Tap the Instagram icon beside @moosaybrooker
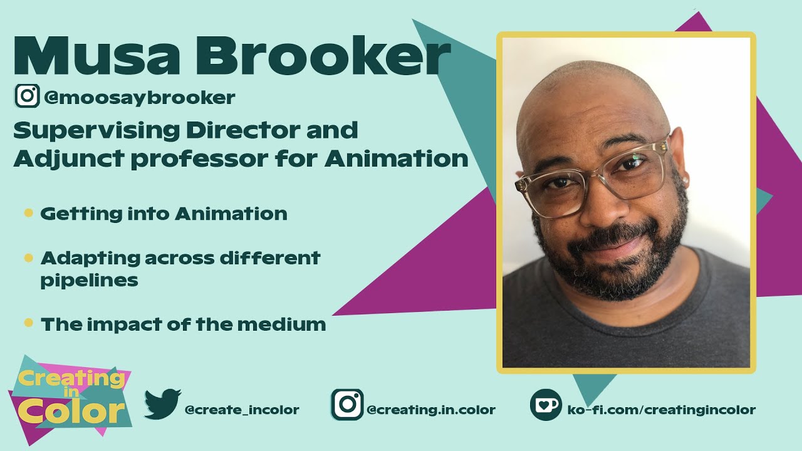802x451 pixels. pos(27,96)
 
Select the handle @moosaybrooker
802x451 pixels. pos(140,98)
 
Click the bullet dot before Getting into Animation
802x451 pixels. pos(28,213)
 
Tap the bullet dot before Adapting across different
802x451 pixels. pos(28,257)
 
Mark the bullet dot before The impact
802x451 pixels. pos(28,323)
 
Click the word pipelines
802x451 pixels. pos(89,280)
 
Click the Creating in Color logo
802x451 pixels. pos(70,398)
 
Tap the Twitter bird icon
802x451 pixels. pos(162,404)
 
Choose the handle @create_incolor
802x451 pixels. pos(242,410)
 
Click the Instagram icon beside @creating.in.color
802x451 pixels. pos(347,404)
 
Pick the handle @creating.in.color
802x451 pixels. pos(431,410)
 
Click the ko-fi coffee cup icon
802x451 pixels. pos(546,404)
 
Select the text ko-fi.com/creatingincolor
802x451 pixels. pos(661,410)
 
